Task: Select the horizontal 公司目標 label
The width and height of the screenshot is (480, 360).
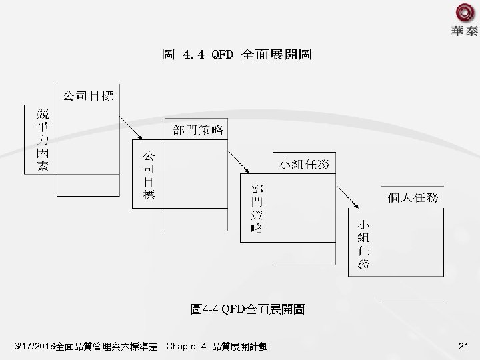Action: [87, 95]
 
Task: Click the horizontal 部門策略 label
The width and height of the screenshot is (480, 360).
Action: [197, 129]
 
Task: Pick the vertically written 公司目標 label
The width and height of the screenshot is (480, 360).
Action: [149, 176]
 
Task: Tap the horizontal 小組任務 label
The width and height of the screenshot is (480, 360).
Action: [303, 164]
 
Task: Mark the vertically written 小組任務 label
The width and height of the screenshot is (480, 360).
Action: [363, 243]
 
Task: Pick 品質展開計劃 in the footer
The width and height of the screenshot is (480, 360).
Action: [239, 346]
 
